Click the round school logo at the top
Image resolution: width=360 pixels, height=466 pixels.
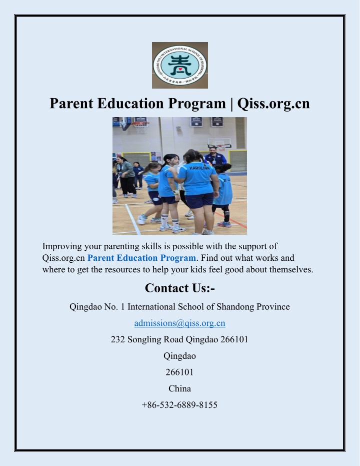point(180,65)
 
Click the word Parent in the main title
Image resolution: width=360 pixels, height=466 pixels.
point(71,104)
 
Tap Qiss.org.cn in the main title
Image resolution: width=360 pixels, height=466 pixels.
point(273,104)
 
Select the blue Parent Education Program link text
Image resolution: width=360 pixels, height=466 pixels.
point(141,258)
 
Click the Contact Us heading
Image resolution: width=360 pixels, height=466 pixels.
point(180,288)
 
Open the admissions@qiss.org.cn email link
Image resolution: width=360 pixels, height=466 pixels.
point(180,323)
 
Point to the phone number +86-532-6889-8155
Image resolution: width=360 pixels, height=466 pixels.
point(180,405)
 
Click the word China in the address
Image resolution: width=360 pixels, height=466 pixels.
point(180,388)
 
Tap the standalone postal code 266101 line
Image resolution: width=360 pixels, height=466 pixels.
point(180,372)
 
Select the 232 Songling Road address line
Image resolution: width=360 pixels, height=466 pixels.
point(180,339)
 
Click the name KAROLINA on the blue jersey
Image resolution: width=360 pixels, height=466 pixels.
point(199,168)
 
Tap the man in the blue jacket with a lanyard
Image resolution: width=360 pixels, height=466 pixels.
point(215,157)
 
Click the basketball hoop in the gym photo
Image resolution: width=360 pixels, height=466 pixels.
point(140,126)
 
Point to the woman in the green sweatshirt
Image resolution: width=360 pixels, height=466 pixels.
point(126,177)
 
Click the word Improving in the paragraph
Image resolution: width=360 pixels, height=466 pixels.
point(62,246)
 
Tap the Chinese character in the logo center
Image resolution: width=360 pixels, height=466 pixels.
point(180,65)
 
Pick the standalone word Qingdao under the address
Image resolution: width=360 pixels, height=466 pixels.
point(180,356)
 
